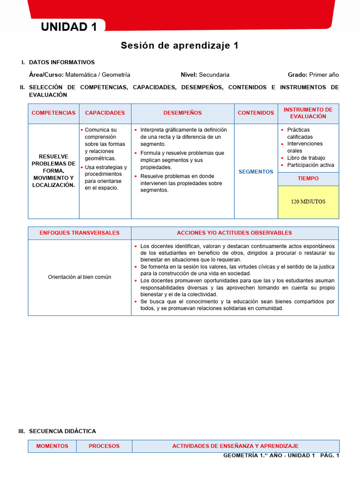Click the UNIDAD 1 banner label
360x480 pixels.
pyautogui.click(x=69, y=27)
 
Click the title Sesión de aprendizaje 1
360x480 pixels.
pyautogui.click(x=180, y=45)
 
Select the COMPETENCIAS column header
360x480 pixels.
pyautogui.click(x=53, y=113)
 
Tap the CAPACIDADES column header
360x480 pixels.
pyautogui.click(x=105, y=113)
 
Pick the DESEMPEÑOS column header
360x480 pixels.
pyautogui.click(x=182, y=113)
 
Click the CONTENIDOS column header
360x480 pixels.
pyautogui.click(x=256, y=113)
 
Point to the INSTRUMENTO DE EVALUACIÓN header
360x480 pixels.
pyautogui.click(x=308, y=113)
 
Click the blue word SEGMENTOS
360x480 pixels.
pyautogui.click(x=256, y=172)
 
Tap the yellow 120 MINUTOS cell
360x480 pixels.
pyautogui.click(x=308, y=202)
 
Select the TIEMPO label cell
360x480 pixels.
pyautogui.click(x=308, y=179)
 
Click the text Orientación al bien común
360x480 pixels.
pyautogui.click(x=80, y=277)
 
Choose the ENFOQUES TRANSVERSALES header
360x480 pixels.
pyautogui.click(x=80, y=233)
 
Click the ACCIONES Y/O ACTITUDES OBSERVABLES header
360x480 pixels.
pyautogui.click(x=234, y=233)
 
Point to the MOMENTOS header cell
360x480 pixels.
pyautogui.click(x=52, y=446)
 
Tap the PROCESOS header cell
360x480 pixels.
pyautogui.click(x=104, y=446)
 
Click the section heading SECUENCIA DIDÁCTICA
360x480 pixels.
pyautogui.click(x=62, y=431)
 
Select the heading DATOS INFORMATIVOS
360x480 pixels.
pyautogui.click(x=62, y=62)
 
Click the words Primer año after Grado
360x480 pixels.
pyautogui.click(x=324, y=75)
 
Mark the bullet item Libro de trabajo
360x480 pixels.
pyautogui.click(x=306, y=158)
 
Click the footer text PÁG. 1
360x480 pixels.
pyautogui.click(x=330, y=456)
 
